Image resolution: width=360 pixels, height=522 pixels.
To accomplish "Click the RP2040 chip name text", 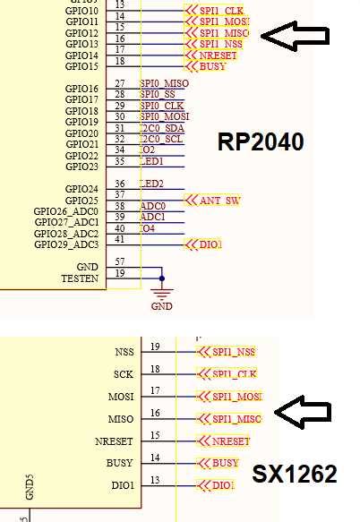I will pos(261,142).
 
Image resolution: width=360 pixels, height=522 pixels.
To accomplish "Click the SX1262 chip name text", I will pos(294,474).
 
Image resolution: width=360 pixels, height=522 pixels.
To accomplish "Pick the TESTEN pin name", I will pos(79,278).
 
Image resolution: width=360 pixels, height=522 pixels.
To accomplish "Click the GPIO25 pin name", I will pos(81,200).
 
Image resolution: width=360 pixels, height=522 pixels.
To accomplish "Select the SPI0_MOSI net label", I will pos(165,116).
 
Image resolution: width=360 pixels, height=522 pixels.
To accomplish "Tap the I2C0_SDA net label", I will pos(162,128).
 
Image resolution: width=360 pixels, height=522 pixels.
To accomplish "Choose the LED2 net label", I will pos(152,183).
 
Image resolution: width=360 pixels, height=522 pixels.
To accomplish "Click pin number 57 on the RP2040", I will pos(119,261).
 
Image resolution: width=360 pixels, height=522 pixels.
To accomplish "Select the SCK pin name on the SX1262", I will pos(124,374).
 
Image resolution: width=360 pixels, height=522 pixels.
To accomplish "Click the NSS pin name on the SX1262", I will pos(124,352).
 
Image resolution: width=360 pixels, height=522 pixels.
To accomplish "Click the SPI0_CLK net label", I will pos(162,106).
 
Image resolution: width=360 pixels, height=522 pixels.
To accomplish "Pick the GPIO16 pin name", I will pos(81,89).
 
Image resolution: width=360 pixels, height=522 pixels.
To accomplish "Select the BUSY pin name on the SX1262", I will pos(119,463).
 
